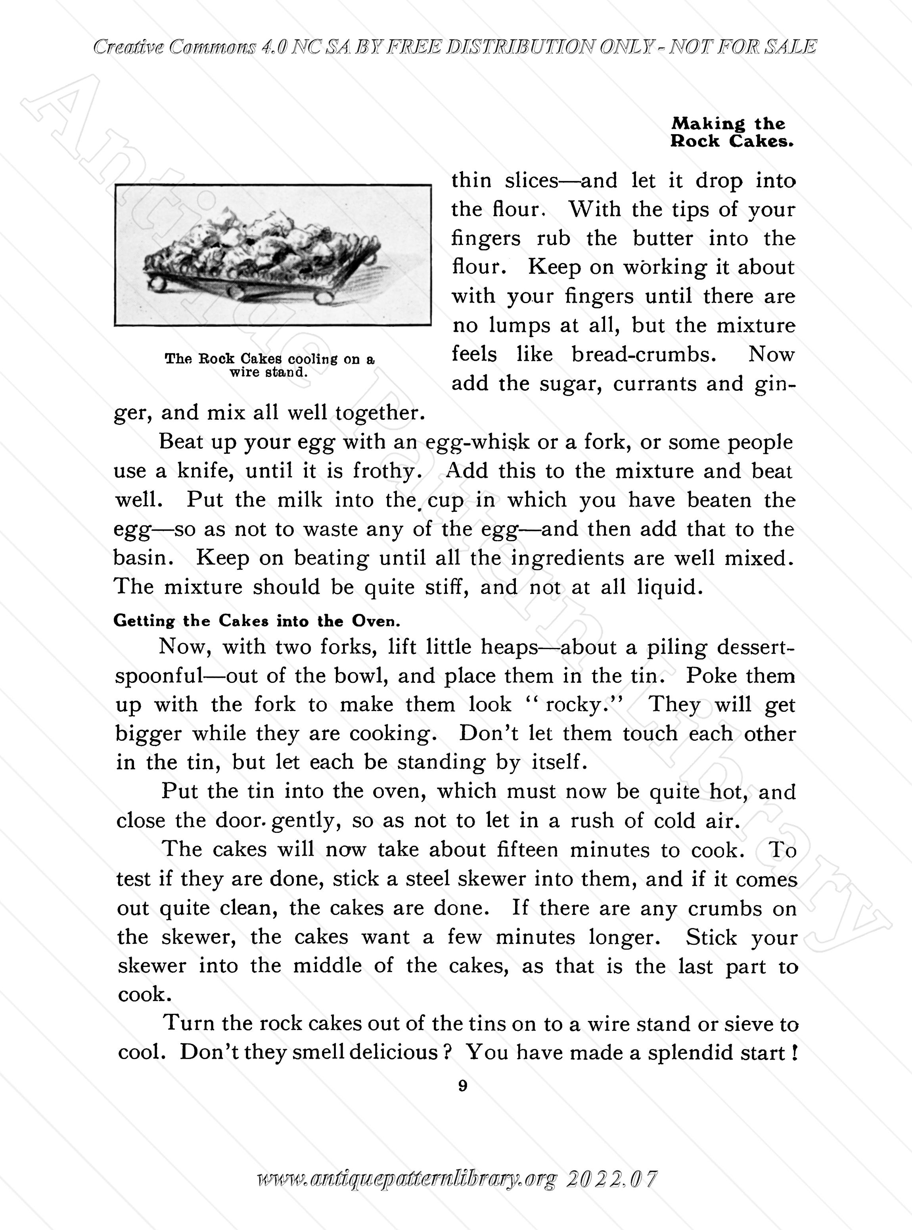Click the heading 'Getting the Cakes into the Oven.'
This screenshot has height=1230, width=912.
(257, 621)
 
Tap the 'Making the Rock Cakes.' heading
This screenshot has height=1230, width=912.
(732, 133)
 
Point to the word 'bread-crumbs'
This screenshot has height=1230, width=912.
(644, 354)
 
